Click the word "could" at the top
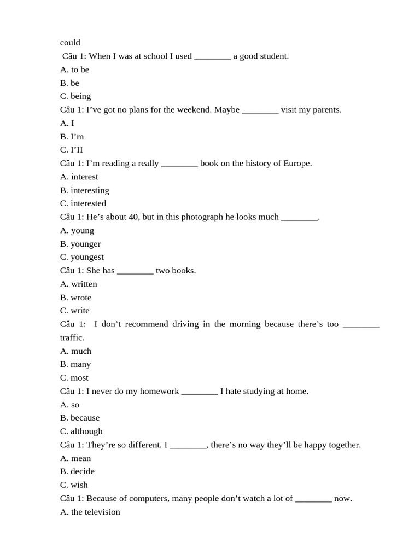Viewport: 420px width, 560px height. (x=70, y=43)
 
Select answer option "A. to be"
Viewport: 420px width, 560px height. (x=74, y=69)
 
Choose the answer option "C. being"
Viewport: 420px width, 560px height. (x=75, y=96)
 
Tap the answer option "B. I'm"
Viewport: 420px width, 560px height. (x=72, y=137)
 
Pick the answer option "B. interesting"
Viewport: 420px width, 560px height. (x=85, y=190)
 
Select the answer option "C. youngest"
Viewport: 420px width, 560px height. (x=82, y=257)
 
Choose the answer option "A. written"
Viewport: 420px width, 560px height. (x=79, y=284)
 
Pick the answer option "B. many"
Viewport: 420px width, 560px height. (x=75, y=364)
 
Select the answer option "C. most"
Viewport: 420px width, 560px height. (x=74, y=378)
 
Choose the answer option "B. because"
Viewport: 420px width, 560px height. (x=80, y=418)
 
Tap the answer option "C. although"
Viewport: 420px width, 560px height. (x=81, y=431)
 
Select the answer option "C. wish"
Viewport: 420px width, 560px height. (x=74, y=485)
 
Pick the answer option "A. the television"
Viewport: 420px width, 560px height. (x=90, y=512)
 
